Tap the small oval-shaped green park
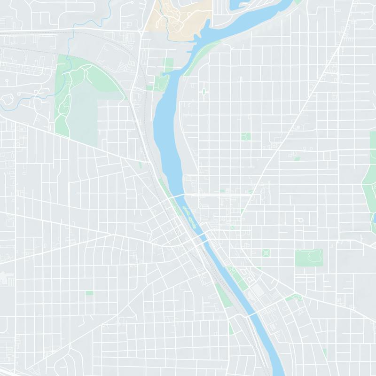click(x=204, y=92)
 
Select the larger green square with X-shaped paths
click(x=266, y=253)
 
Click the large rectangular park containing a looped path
click(x=309, y=258)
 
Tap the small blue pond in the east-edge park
click(x=374, y=219)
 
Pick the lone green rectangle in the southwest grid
click(x=89, y=293)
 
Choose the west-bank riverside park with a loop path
click(x=162, y=83)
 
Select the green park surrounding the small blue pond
click(x=369, y=188)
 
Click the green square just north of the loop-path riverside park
click(x=168, y=64)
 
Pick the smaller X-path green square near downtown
click(x=232, y=227)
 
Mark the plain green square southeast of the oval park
click(x=245, y=136)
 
